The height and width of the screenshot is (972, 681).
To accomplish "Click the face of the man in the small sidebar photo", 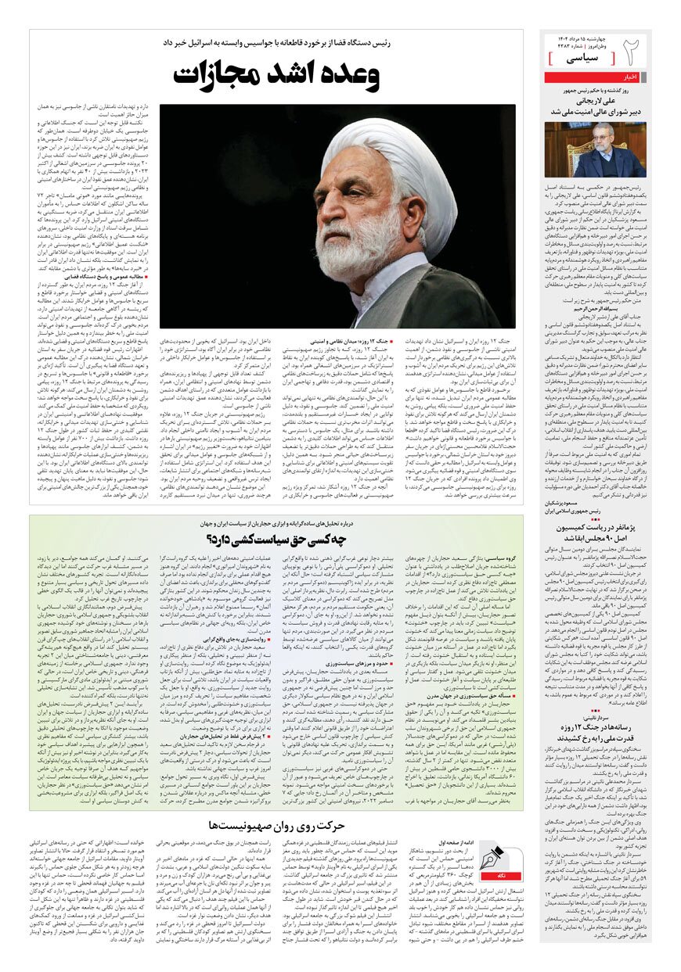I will pos(612,141).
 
